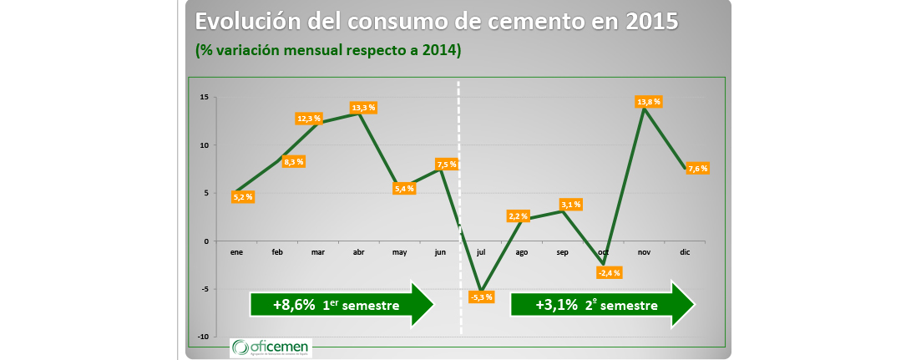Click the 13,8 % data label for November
pyautogui.click(x=649, y=102)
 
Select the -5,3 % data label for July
pyautogui.click(x=482, y=297)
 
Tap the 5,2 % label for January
pyautogui.click(x=243, y=197)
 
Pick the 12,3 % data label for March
pyautogui.click(x=309, y=119)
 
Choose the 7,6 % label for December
pyautogui.click(x=698, y=169)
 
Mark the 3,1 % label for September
pyautogui.click(x=570, y=205)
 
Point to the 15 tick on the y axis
pyautogui.click(x=204, y=97)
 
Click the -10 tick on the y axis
pyautogui.click(x=202, y=337)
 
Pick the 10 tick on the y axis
pyautogui.click(x=204, y=145)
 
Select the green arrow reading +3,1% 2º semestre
pyautogui.click(x=602, y=305)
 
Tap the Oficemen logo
pyautogui.click(x=271, y=347)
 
